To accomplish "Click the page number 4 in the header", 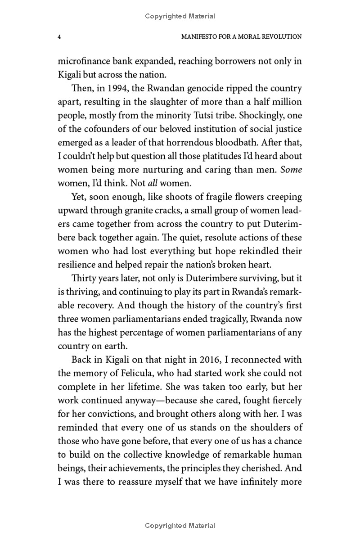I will point(59,36).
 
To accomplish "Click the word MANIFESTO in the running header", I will point(201,36).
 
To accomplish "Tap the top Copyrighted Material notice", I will point(180,16).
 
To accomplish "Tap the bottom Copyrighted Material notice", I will point(180,525).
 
